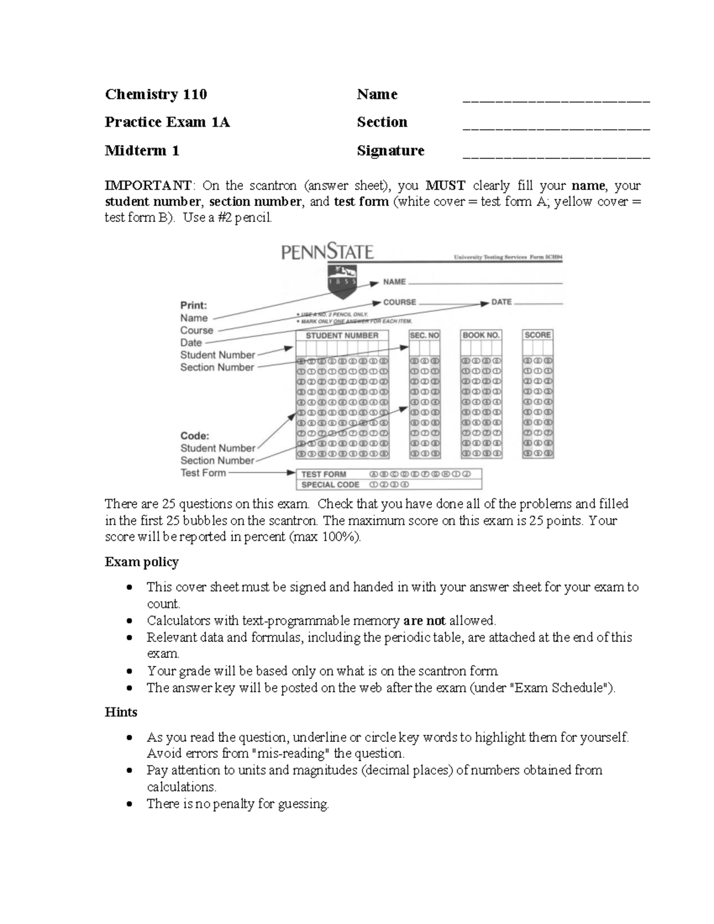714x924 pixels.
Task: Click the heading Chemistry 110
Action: [x=156, y=95]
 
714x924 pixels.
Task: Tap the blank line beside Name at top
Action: [x=556, y=102]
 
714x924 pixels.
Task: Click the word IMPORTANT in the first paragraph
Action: [x=148, y=186]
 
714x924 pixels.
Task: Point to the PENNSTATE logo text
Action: [x=327, y=253]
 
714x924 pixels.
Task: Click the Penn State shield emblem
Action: [x=343, y=280]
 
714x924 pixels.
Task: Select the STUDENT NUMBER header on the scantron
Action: [x=342, y=336]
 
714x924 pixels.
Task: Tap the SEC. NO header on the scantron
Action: [x=425, y=336]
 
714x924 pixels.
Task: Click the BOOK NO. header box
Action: [x=481, y=336]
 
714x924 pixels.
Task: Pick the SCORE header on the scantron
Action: [x=538, y=335]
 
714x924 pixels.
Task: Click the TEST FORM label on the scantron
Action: [x=324, y=474]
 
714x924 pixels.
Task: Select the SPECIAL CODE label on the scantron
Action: [x=330, y=485]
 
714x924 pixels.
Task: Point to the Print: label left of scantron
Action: [x=194, y=305]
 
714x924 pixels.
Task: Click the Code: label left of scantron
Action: [x=195, y=436]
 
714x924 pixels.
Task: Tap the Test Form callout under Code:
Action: [x=203, y=473]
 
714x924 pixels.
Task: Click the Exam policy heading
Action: [x=142, y=562]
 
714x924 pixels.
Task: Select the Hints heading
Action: [x=121, y=713]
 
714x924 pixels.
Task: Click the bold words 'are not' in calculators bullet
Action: [x=424, y=621]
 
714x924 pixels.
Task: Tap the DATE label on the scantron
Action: [x=502, y=302]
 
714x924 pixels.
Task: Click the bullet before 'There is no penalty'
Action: [x=129, y=805]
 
